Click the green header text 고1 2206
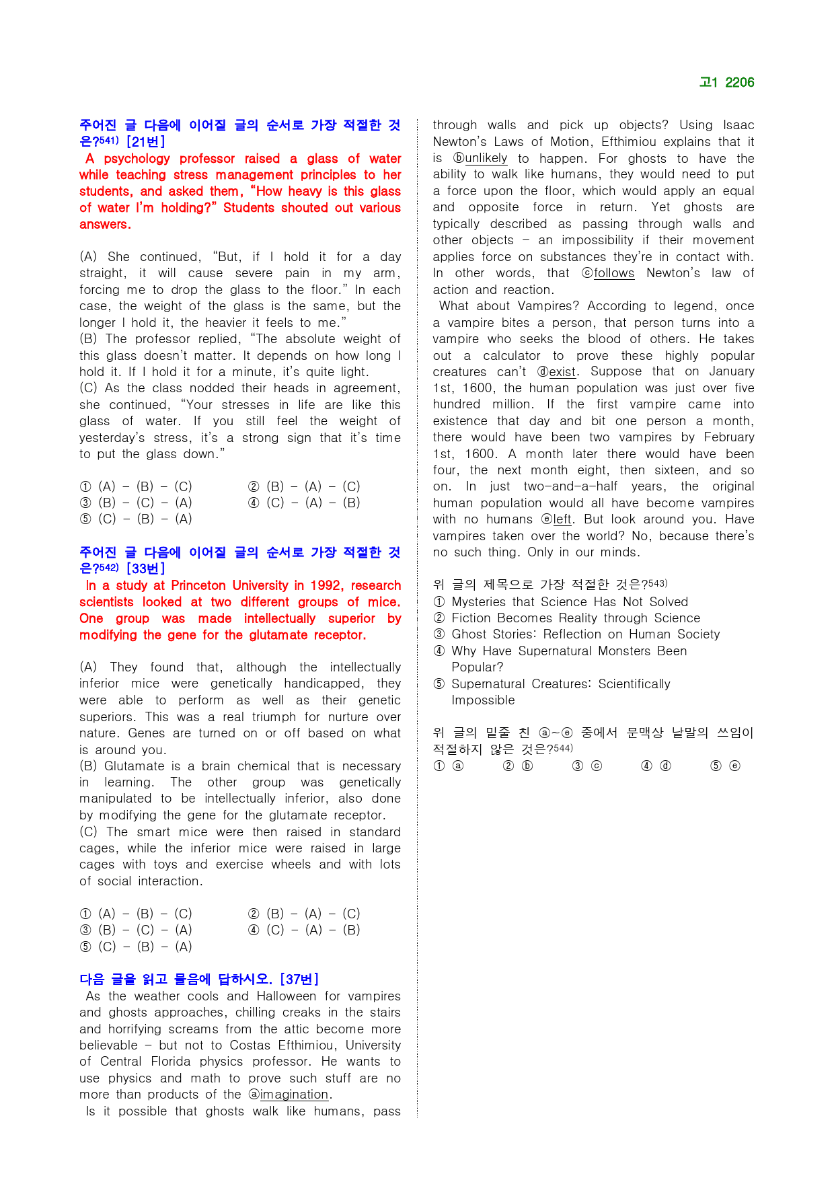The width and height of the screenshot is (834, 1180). click(x=726, y=83)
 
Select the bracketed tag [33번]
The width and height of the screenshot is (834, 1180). click(x=145, y=568)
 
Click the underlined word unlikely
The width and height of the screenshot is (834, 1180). click(x=486, y=159)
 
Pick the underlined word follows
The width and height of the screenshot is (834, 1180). click(x=613, y=273)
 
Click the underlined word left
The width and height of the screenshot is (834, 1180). click(x=562, y=519)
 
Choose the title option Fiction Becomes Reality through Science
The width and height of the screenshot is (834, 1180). click(x=576, y=618)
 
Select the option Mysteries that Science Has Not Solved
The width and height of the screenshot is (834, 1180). click(x=570, y=602)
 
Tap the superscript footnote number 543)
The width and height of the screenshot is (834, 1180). click(x=658, y=583)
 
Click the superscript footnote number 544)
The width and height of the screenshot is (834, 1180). click(x=563, y=748)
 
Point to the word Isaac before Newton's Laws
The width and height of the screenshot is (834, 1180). click(x=738, y=125)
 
